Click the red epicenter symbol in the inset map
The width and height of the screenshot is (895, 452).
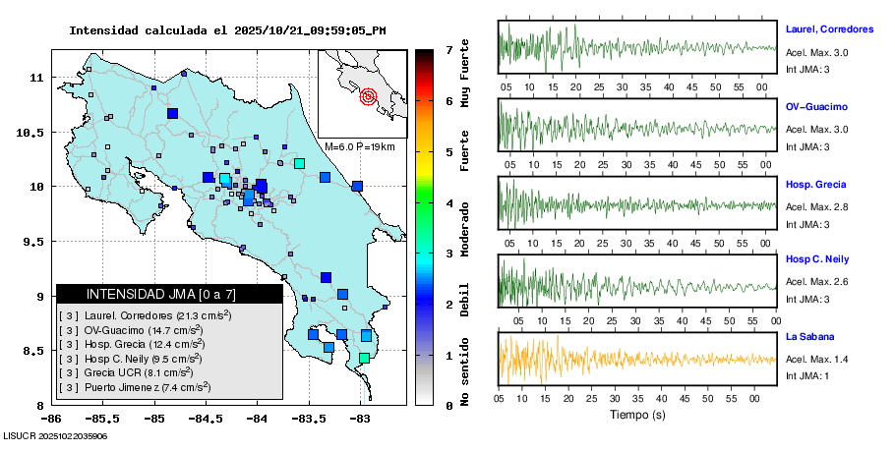tap(369, 96)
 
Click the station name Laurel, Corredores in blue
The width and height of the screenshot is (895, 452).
tap(829, 29)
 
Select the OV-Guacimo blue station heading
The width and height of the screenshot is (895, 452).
tap(816, 106)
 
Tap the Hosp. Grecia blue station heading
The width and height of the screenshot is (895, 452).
tap(815, 184)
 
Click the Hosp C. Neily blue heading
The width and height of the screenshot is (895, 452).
tap(818, 259)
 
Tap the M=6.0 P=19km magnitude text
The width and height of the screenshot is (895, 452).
tap(359, 146)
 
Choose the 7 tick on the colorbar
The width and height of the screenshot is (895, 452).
tap(447, 49)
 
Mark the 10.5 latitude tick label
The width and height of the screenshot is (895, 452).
tap(33, 132)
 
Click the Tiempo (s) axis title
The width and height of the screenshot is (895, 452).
tap(637, 415)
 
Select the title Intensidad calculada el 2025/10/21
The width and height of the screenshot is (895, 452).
tap(226, 30)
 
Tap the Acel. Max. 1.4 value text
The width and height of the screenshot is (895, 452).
tap(816, 360)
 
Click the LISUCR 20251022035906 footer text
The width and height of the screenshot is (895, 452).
tap(55, 434)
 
